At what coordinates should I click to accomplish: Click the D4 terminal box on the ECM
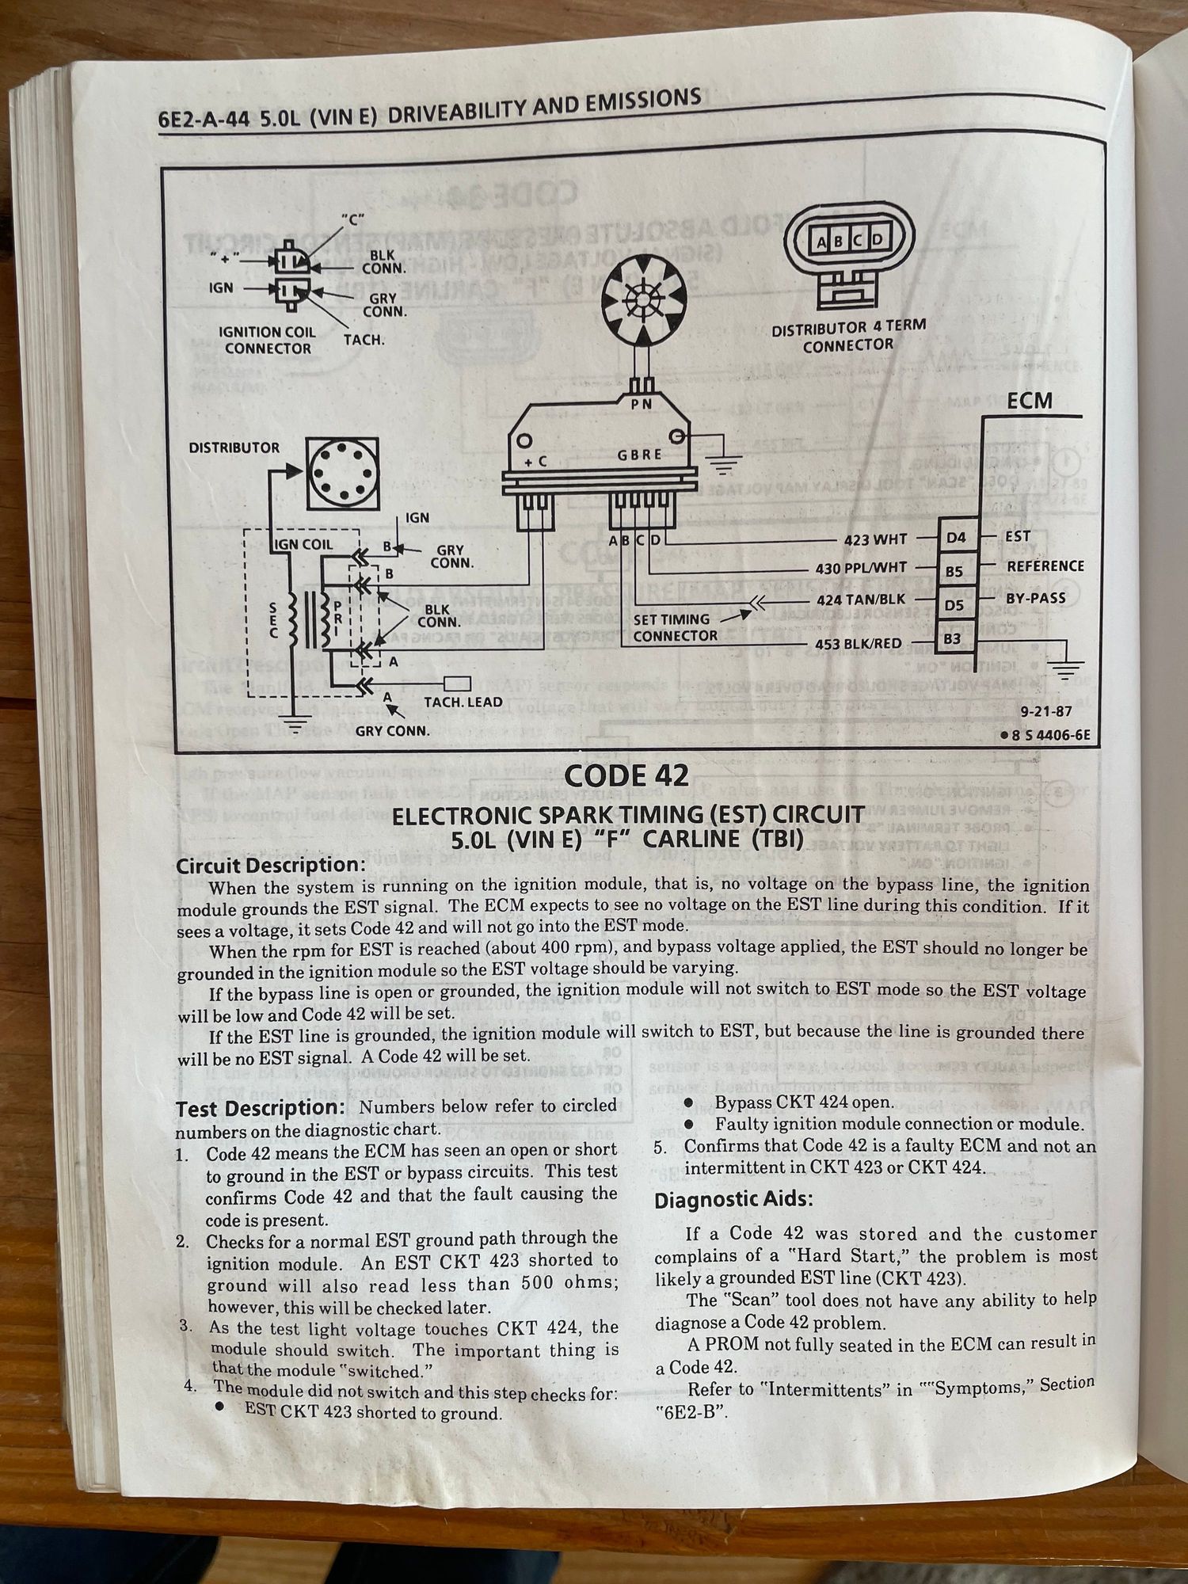pos(956,538)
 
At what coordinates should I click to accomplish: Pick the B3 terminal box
pos(953,638)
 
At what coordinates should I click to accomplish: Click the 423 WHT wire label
pos(875,540)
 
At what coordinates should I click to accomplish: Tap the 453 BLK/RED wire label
pos(859,644)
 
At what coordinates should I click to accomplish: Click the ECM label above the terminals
pos(1030,401)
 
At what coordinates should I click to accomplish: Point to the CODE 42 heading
pos(627,775)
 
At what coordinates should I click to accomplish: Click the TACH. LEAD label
pos(463,702)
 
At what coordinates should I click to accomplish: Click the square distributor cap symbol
pos(342,473)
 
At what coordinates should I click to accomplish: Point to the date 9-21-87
pos(1045,711)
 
